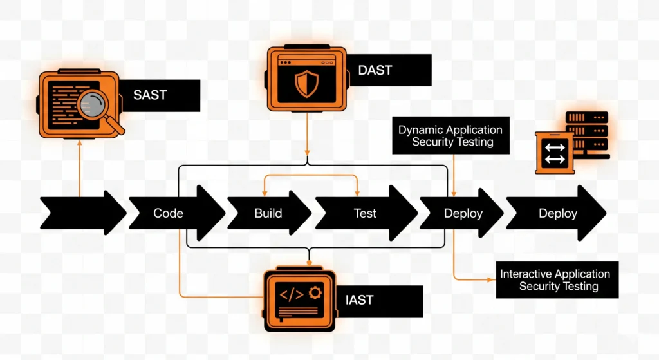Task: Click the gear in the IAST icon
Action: click(315, 293)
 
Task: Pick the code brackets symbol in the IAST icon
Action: click(291, 294)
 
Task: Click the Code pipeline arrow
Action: click(169, 213)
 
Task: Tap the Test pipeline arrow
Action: click(365, 213)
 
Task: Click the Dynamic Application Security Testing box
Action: click(450, 136)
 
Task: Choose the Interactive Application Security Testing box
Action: click(557, 280)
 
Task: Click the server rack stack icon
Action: click(586, 134)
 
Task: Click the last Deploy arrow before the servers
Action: click(557, 213)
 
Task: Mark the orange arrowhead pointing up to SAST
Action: click(79, 144)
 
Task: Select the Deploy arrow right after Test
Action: click(463, 213)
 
